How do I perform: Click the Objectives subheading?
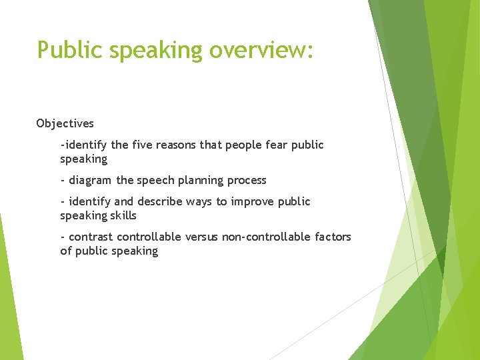pyautogui.click(x=65, y=123)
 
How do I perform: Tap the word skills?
pyautogui.click(x=124, y=215)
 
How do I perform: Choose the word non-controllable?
pyautogui.click(x=261, y=237)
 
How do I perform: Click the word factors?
pyautogui.click(x=331, y=237)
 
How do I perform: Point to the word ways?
pyautogui.click(x=197, y=202)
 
